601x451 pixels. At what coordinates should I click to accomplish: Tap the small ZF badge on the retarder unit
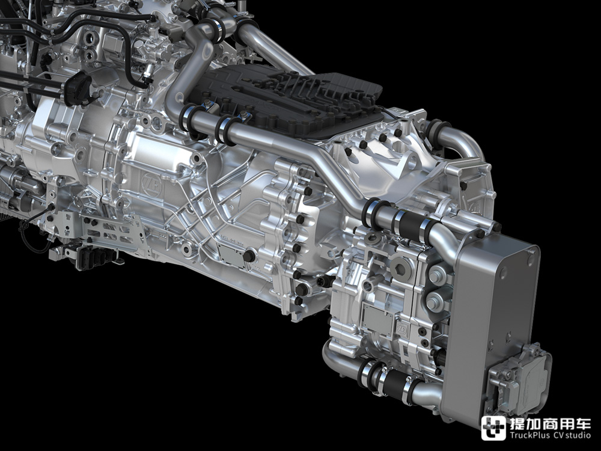click(x=402, y=330)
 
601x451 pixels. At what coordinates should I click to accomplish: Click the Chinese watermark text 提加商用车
click(x=550, y=424)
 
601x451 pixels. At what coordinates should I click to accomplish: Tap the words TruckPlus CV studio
click(x=550, y=435)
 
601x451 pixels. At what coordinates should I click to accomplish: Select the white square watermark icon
click(x=493, y=428)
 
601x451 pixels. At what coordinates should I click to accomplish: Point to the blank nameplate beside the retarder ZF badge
click(x=378, y=318)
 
